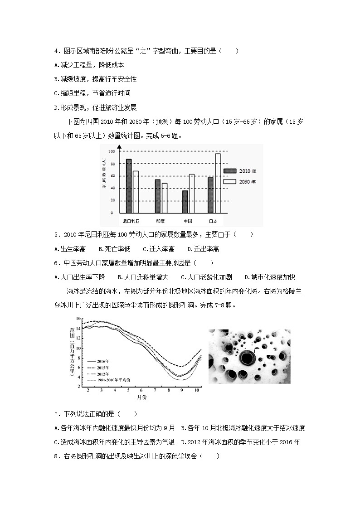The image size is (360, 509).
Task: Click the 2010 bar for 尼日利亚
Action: (129, 186)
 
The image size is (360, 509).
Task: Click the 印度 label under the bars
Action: (160, 222)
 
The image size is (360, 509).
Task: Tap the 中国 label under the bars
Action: (188, 222)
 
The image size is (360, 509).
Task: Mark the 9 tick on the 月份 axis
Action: (182, 390)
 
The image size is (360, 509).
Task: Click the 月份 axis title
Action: (141, 398)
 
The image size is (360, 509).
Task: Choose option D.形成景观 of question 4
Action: (95, 107)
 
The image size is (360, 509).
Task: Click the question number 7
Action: (56, 414)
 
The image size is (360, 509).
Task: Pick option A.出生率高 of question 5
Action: (70, 249)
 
